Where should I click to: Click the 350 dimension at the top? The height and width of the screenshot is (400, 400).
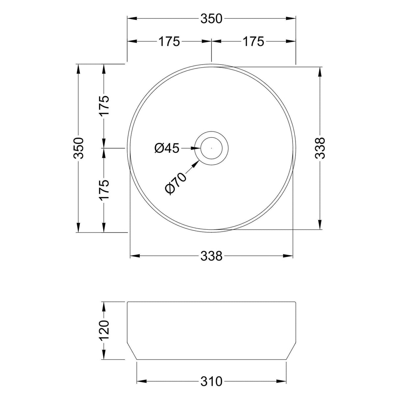tap(211, 19)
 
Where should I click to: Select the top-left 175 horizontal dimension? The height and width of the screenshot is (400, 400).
tap(169, 42)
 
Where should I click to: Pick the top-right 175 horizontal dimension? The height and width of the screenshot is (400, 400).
tap(253, 42)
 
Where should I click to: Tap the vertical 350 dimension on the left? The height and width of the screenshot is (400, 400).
tap(79, 148)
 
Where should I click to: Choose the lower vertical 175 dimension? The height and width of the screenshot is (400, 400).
tap(104, 190)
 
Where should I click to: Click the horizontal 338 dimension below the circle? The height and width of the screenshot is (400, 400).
tap(211, 256)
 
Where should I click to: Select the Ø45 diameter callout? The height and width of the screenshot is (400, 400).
tap(167, 148)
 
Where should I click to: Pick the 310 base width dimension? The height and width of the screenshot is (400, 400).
tap(211, 382)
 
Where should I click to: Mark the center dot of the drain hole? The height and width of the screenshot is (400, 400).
tap(211, 148)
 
